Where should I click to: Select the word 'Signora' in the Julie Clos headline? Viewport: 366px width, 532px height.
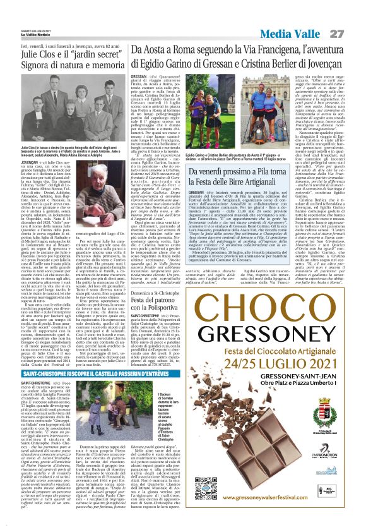(23, 64)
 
